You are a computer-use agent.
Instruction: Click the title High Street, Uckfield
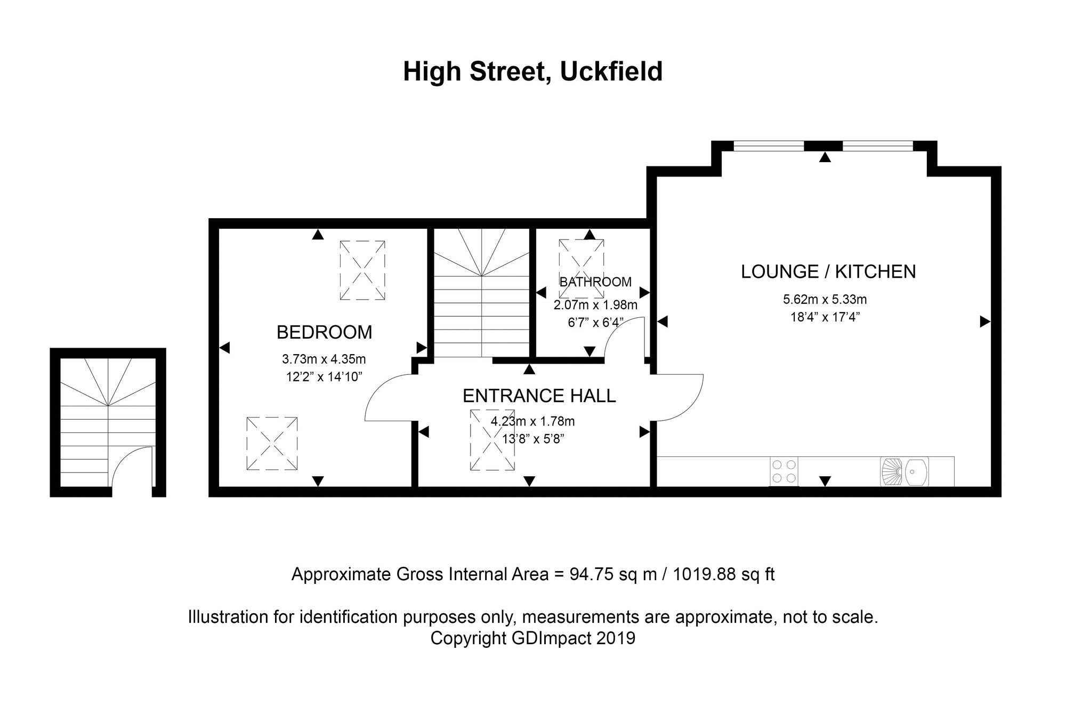coord(532,72)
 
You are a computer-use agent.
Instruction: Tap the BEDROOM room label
coord(324,332)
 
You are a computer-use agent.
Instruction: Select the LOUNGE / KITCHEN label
coord(828,271)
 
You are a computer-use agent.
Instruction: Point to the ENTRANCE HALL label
coord(539,396)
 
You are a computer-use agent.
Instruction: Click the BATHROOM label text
coord(595,282)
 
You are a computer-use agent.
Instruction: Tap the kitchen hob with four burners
coord(784,471)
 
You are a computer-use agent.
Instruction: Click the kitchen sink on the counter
coord(905,471)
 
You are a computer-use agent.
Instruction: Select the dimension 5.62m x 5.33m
coord(825,300)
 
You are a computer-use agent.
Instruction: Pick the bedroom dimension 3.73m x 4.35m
coord(324,359)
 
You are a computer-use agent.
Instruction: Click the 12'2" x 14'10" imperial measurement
coord(324,377)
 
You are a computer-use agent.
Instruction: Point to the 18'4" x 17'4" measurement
coord(825,317)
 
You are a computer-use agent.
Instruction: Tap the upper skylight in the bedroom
coord(362,270)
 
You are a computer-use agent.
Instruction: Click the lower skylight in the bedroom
coord(272,443)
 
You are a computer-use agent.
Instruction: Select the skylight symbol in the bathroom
coord(582,268)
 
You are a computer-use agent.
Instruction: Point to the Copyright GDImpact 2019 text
coord(533,638)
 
